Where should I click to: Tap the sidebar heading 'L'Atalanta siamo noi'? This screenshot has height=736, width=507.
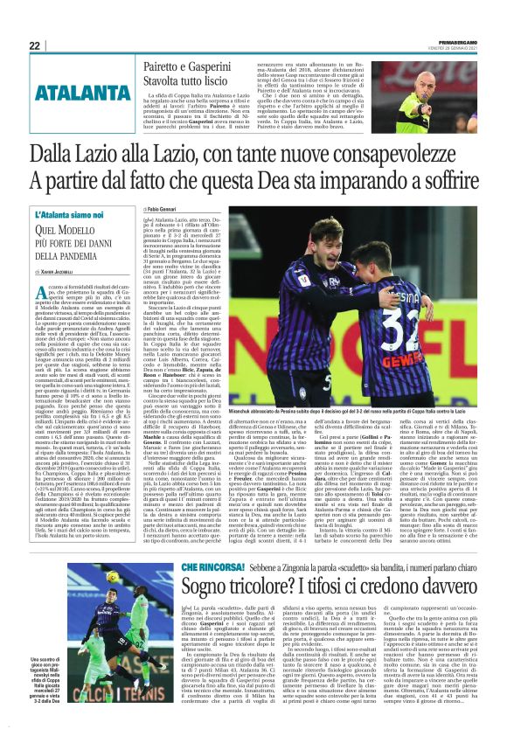point(73,214)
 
